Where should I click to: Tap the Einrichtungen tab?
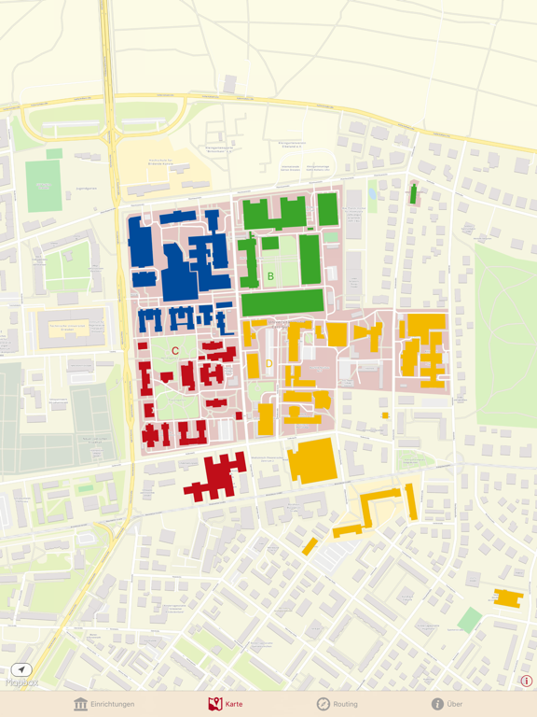(104, 704)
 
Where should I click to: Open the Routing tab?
(337, 704)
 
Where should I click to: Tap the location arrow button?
(21, 669)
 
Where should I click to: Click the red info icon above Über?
(527, 682)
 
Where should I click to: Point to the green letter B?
(271, 276)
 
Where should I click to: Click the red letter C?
(175, 351)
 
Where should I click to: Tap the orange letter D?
(269, 363)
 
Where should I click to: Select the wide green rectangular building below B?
(282, 302)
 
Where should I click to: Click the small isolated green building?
(413, 194)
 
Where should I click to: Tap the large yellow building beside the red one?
(310, 459)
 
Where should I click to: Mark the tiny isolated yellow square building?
(385, 415)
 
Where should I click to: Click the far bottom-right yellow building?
(508, 597)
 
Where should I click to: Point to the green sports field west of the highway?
(44, 187)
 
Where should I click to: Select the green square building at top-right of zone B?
(327, 209)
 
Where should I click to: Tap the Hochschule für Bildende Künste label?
(162, 162)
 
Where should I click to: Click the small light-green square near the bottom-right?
(470, 620)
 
